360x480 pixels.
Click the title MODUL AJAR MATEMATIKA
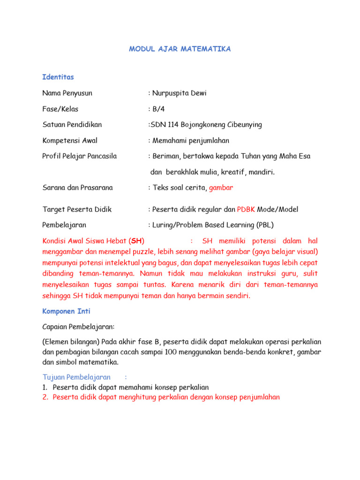click(180, 49)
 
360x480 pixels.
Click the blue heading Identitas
click(58, 77)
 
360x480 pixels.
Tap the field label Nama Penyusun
click(67, 93)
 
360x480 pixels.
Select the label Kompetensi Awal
click(70, 141)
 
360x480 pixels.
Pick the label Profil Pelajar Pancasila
click(79, 156)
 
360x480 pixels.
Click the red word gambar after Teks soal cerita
click(221, 188)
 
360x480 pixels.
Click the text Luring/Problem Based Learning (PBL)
click(212, 225)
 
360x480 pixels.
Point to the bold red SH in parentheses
click(137, 241)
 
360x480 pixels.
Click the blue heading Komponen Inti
click(66, 311)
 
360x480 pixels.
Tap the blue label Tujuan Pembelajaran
click(76, 377)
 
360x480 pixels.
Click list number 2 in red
click(45, 397)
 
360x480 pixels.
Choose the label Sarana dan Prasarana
click(77, 188)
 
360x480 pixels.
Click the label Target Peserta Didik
click(77, 210)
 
